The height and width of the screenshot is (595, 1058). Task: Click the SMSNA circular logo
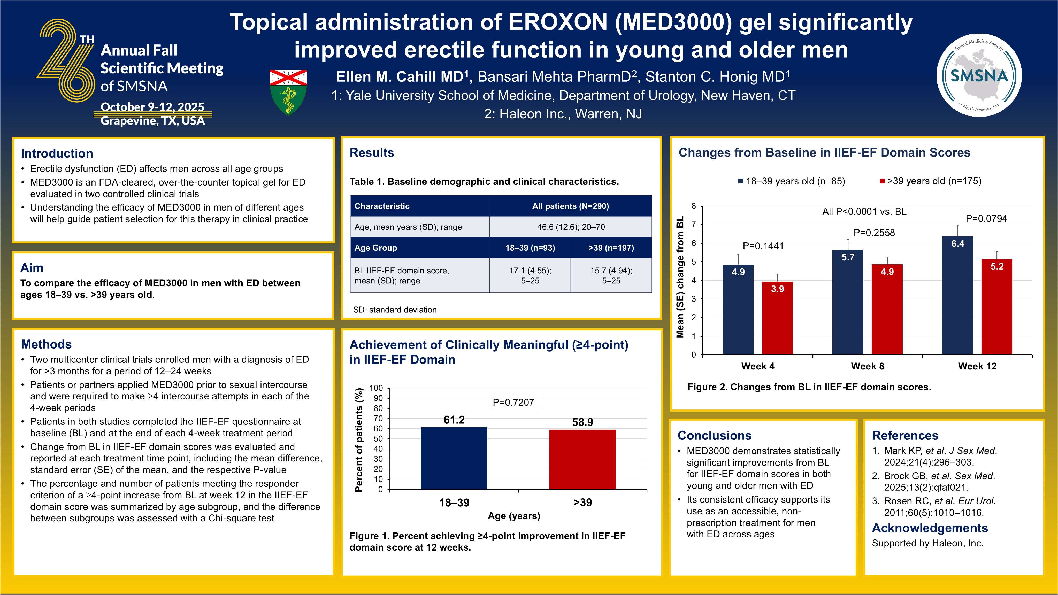(979, 75)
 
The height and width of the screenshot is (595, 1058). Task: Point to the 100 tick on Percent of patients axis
(376, 388)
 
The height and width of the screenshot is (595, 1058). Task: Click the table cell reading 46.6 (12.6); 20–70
(571, 227)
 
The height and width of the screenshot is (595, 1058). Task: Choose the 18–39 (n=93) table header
(530, 248)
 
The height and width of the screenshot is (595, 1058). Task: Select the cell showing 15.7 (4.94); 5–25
(611, 275)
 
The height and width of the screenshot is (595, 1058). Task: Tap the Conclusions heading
(714, 435)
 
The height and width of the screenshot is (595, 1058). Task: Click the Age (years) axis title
(514, 516)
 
